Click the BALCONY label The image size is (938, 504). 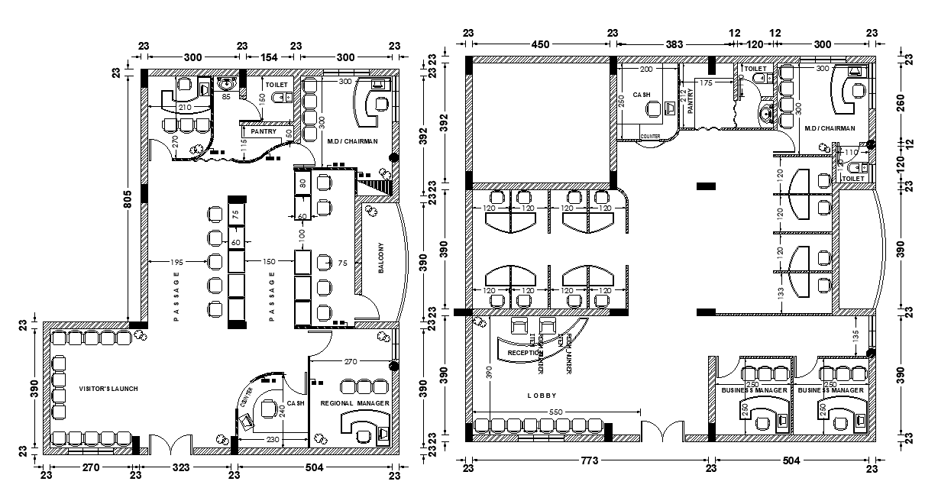click(381, 258)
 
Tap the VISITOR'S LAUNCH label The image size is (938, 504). click(108, 389)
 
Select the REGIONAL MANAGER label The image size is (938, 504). click(354, 402)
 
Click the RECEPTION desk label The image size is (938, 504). click(525, 353)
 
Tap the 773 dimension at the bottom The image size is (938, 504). click(589, 460)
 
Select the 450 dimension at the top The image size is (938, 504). click(540, 44)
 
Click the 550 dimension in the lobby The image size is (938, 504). click(555, 412)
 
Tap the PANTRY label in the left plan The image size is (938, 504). click(263, 131)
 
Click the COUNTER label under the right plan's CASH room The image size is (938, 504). click(650, 136)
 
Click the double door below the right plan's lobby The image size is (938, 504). click(662, 431)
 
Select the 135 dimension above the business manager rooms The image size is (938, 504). click(856, 337)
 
